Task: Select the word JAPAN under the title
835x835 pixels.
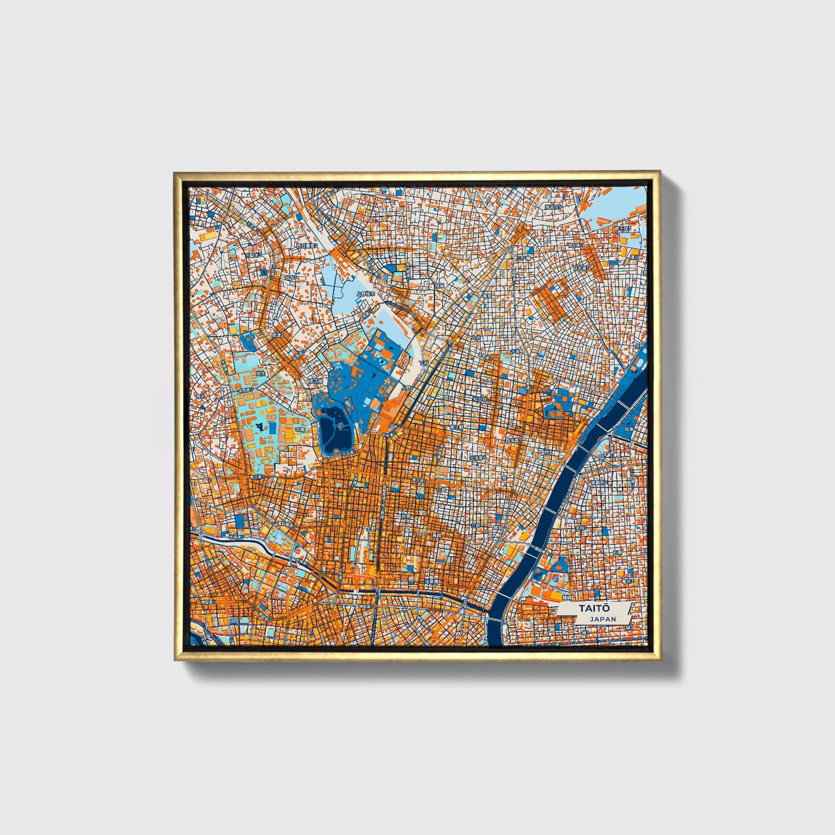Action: [x=603, y=619]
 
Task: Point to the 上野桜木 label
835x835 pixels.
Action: [x=365, y=293]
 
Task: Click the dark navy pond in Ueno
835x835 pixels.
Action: [x=332, y=431]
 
